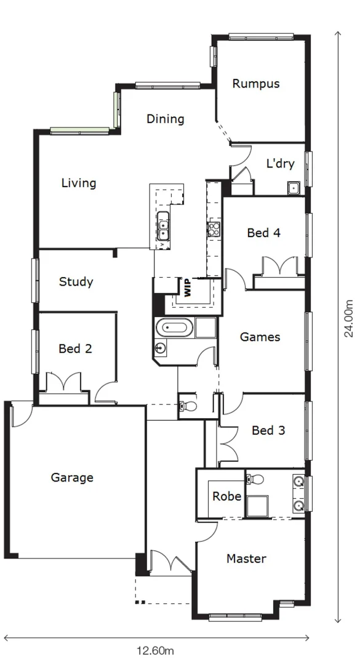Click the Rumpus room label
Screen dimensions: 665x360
(256, 84)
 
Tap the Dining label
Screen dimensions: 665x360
(165, 119)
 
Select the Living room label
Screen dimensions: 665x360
(79, 183)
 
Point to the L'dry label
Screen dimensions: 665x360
(280, 164)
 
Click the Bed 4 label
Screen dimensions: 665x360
(264, 233)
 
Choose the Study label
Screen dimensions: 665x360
(76, 282)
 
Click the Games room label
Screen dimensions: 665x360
(260, 337)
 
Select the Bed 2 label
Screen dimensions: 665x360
(76, 349)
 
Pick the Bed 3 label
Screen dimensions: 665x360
(268, 430)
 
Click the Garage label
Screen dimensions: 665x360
(72, 477)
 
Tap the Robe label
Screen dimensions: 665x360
(226, 496)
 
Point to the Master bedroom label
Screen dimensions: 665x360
(246, 559)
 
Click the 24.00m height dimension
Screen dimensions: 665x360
(349, 318)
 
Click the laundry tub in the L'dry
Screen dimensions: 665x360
(293, 188)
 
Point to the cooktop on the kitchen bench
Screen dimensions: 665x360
(214, 230)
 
